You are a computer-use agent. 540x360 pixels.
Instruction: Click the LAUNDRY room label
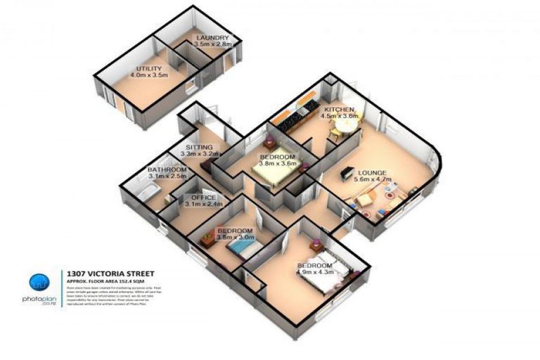click(212, 38)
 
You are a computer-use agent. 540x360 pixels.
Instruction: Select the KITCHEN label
click(340, 110)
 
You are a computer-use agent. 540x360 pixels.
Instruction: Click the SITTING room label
click(198, 147)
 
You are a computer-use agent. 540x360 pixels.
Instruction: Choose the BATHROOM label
click(167, 170)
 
